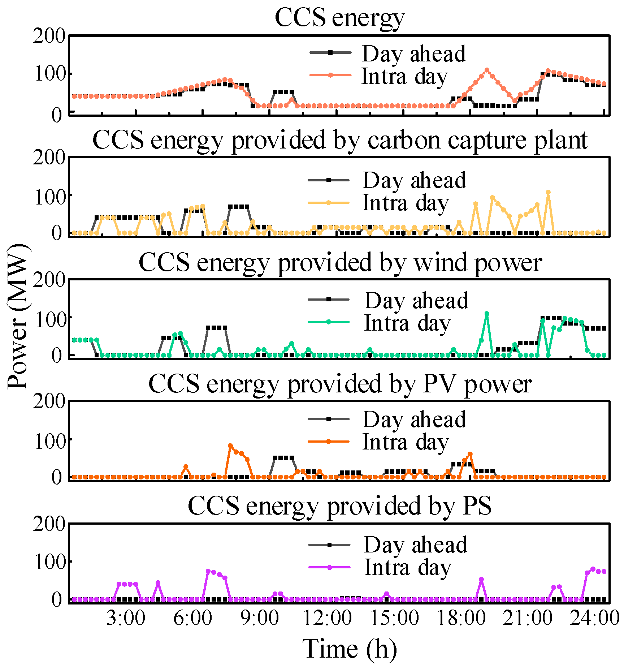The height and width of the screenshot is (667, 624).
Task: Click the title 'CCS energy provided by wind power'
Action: click(x=340, y=262)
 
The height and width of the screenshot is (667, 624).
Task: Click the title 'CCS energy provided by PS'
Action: click(x=339, y=505)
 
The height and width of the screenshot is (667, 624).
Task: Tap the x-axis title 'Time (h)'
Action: click(x=349, y=649)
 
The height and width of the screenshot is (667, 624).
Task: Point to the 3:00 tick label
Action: click(x=125, y=618)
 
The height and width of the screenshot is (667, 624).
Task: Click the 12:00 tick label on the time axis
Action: click(x=327, y=618)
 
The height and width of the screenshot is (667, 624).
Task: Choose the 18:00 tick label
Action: click(x=461, y=618)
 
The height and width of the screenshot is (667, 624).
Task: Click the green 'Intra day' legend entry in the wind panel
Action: click(x=407, y=323)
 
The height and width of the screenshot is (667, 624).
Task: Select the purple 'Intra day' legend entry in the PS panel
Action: click(x=407, y=567)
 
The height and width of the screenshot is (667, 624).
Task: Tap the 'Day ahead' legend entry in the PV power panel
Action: click(x=414, y=419)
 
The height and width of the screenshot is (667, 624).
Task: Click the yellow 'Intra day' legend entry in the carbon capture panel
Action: click(x=405, y=203)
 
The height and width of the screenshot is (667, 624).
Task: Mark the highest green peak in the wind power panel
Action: click(x=487, y=314)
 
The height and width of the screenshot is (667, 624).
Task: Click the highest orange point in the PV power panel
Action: click(x=230, y=446)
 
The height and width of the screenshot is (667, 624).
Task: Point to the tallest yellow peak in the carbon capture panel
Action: click(x=548, y=192)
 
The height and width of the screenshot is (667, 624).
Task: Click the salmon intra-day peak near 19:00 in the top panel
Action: click(x=487, y=70)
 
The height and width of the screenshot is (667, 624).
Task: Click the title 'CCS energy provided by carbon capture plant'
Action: click(x=339, y=140)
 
